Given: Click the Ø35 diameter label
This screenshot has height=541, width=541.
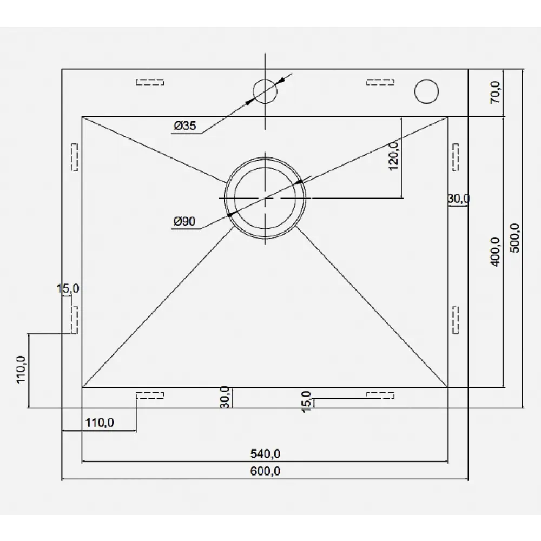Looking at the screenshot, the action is (x=184, y=126).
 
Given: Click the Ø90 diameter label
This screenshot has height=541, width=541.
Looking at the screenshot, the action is (x=184, y=221).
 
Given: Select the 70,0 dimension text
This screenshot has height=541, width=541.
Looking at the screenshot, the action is (x=495, y=92).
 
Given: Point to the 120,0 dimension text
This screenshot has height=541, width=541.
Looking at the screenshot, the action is (x=393, y=156).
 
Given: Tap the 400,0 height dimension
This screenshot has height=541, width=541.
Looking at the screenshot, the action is (x=495, y=252).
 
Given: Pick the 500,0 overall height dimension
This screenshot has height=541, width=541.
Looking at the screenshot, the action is (x=515, y=238).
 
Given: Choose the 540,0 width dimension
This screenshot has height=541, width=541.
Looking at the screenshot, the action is (x=265, y=454).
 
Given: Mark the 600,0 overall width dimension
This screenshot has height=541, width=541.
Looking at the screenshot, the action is (x=265, y=471).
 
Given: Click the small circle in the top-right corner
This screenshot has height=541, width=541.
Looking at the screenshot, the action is (x=426, y=91).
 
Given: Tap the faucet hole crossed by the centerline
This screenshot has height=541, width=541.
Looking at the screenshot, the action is (x=265, y=91).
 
